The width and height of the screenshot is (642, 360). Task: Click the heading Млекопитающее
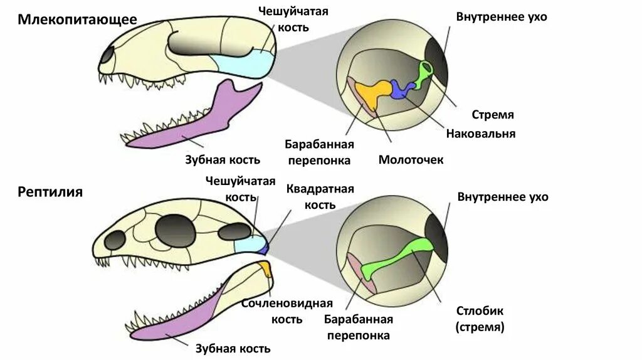tap(78, 19)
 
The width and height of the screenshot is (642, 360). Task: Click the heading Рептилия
tap(50, 191)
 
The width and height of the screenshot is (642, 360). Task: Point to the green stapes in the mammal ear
tap(423, 75)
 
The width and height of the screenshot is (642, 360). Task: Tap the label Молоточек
tap(411, 160)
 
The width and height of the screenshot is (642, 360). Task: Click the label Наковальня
tap(480, 134)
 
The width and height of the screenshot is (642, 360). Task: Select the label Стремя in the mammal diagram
tap(493, 115)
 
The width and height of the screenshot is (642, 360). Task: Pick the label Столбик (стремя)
tap(480, 319)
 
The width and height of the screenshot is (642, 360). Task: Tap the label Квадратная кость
tap(320, 197)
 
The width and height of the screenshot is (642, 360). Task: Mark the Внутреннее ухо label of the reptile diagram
tap(503, 197)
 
